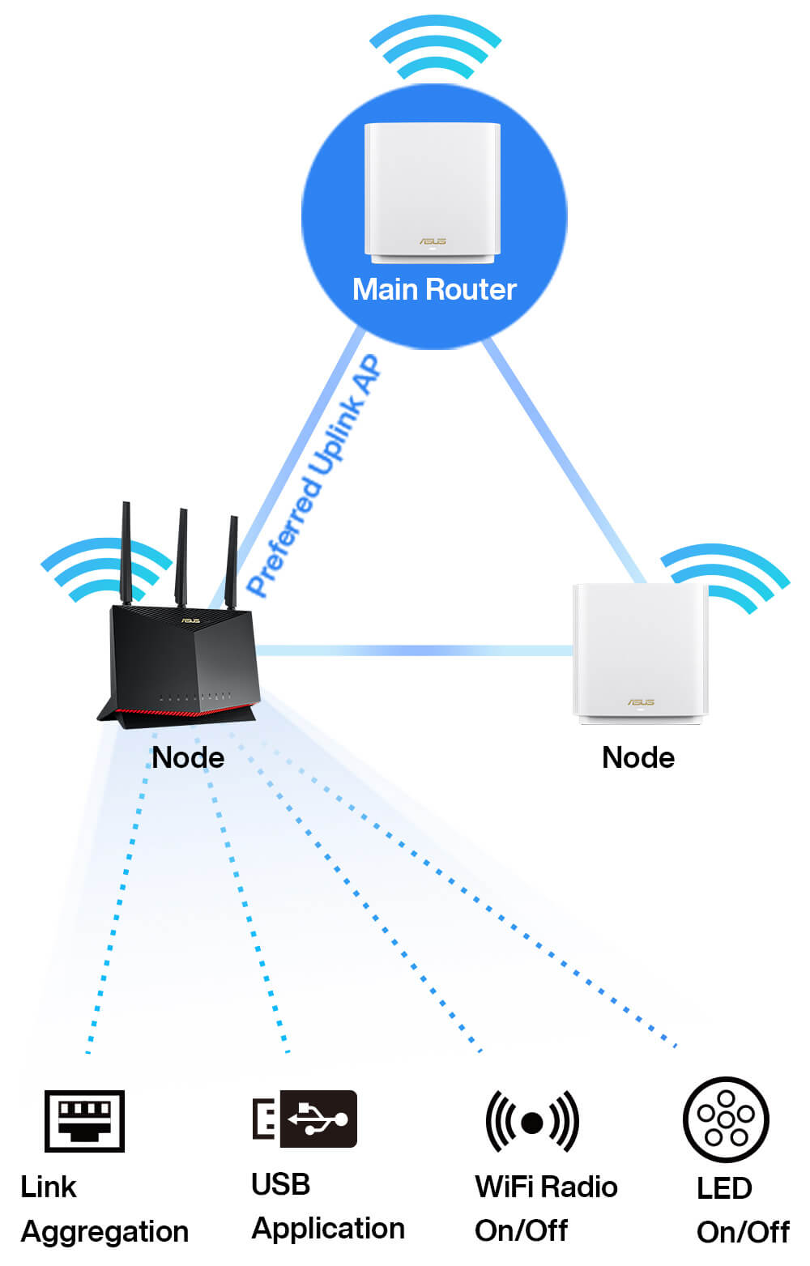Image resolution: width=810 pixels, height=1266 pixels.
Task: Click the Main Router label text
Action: (x=434, y=289)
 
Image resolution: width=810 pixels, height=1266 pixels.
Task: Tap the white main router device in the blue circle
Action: (x=433, y=191)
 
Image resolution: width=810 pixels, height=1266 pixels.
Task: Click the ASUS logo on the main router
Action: (x=433, y=241)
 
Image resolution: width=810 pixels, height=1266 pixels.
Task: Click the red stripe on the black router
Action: (x=178, y=712)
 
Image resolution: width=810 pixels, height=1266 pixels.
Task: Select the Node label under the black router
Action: (x=188, y=757)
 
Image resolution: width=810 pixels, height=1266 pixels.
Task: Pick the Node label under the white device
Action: (x=638, y=757)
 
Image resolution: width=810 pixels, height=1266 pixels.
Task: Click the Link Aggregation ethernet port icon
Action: (x=84, y=1120)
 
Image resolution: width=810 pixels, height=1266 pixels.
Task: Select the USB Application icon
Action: (x=305, y=1119)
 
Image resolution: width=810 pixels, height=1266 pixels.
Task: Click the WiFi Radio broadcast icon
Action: (x=532, y=1122)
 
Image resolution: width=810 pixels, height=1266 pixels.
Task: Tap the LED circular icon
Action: (x=726, y=1119)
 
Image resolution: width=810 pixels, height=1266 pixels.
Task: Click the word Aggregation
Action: (x=104, y=1232)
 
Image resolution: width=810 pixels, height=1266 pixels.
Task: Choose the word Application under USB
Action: (x=328, y=1229)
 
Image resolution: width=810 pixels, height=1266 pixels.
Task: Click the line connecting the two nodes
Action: (x=413, y=650)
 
